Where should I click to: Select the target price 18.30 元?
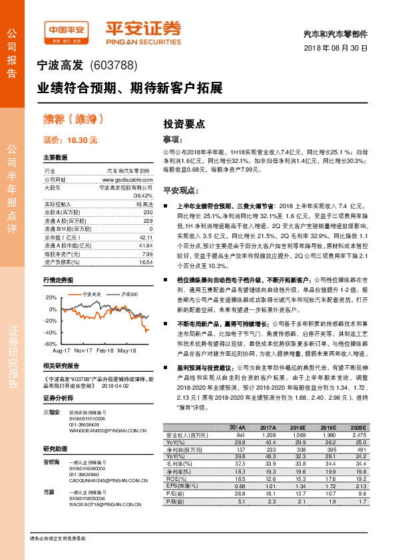[70, 140]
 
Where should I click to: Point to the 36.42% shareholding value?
[142, 196]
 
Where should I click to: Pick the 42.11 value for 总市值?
[146, 237]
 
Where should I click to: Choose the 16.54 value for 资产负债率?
[146, 262]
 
